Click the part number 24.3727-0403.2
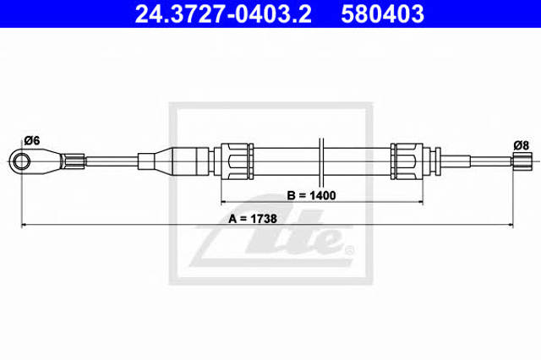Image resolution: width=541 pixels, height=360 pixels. pos(223,14)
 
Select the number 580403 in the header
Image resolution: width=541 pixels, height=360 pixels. pos(382,14)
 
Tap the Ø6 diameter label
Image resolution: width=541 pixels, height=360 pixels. pos(32,140)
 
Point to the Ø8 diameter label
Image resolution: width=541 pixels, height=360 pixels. pos(521,145)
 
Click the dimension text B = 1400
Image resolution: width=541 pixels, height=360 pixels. pos(311,195)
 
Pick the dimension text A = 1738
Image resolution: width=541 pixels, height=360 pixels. pos(253,219)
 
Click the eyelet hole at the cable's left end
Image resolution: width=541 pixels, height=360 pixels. pos(21,161)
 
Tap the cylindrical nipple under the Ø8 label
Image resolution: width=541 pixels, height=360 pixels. pos(522,161)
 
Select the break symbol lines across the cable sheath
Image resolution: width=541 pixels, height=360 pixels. pos(321,162)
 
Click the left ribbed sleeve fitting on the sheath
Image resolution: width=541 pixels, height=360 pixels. pos(234,161)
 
